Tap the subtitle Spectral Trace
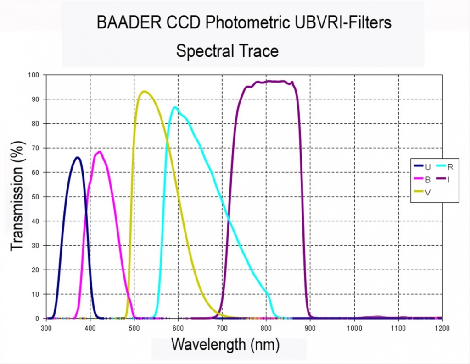pyautogui.click(x=227, y=51)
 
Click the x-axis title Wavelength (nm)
pyautogui.click(x=225, y=343)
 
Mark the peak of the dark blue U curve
pyautogui.click(x=77, y=157)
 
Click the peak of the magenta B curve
pyautogui.click(x=99, y=152)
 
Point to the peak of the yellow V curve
pyautogui.click(x=145, y=91)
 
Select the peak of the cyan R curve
pyautogui.click(x=175, y=107)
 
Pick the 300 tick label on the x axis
pyautogui.click(x=46, y=328)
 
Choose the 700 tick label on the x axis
pyautogui.click(x=222, y=328)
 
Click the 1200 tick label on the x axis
pyautogui.click(x=442, y=328)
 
